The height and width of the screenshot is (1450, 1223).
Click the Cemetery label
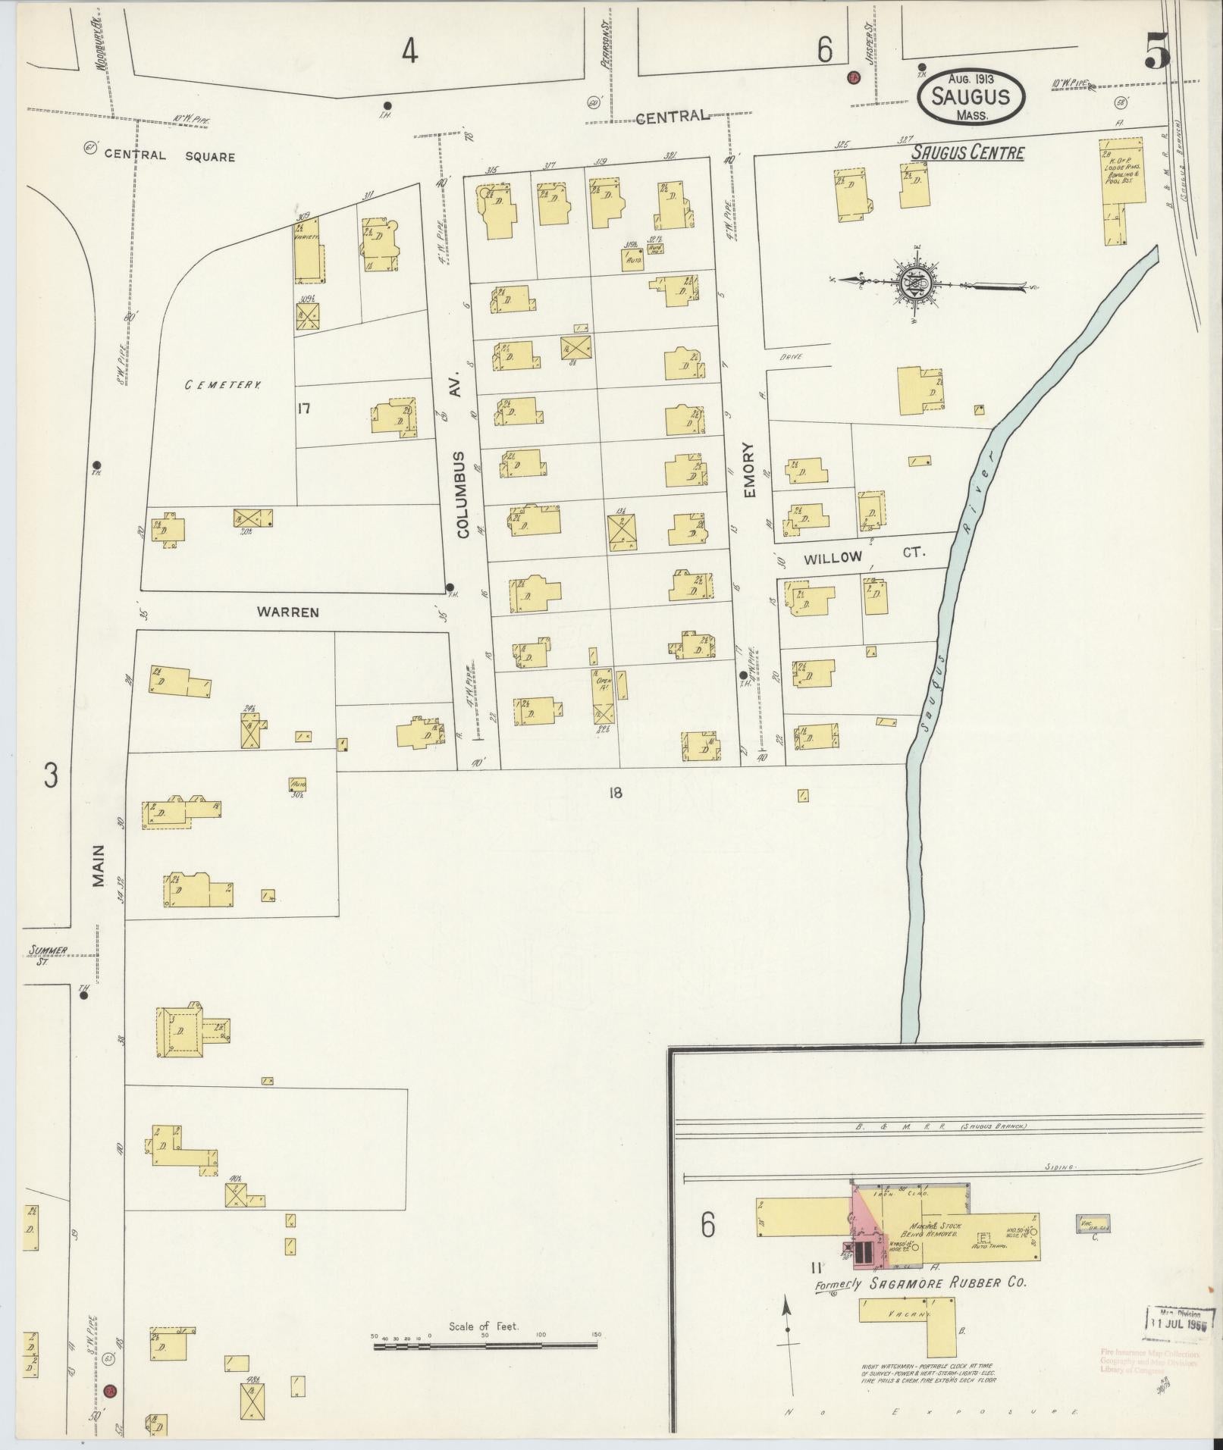click(223, 385)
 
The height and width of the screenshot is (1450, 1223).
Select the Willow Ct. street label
click(864, 556)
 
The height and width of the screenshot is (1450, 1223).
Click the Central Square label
click(169, 157)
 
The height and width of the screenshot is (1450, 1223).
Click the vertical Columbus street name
click(463, 494)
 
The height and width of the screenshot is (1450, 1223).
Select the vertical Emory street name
click(749, 470)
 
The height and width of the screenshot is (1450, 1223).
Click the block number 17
click(305, 409)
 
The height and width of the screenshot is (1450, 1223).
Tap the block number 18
click(614, 793)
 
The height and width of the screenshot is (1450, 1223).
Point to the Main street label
click(99, 866)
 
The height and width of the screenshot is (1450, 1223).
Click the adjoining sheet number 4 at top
click(409, 51)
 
